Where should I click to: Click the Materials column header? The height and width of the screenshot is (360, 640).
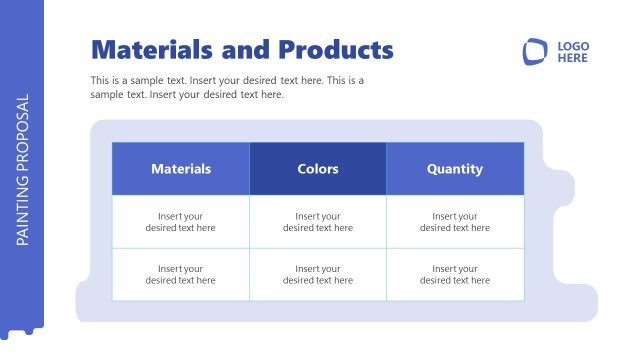(181, 169)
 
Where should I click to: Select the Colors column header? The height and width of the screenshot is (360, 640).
(318, 169)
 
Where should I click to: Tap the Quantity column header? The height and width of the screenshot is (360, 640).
(455, 169)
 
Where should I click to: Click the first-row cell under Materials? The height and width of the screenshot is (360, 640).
(181, 222)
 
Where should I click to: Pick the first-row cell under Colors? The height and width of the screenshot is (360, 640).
(318, 222)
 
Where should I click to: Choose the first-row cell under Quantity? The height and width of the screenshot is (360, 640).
(455, 222)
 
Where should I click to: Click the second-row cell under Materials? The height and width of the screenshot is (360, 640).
(181, 275)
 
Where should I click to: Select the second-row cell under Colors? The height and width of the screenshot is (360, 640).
(318, 275)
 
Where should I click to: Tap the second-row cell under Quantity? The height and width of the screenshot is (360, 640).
(455, 275)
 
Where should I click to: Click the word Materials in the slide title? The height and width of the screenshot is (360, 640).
(150, 50)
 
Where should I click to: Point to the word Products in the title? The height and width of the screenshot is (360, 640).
(335, 50)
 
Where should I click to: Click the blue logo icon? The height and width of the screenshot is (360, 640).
(535, 52)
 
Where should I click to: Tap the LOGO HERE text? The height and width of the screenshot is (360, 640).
(573, 52)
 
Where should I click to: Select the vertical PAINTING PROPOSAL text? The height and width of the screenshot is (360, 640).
(23, 170)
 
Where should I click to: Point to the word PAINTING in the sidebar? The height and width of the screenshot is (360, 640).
(23, 211)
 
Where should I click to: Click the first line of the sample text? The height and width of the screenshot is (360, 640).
(227, 80)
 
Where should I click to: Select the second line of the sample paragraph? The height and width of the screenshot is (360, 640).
(187, 95)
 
